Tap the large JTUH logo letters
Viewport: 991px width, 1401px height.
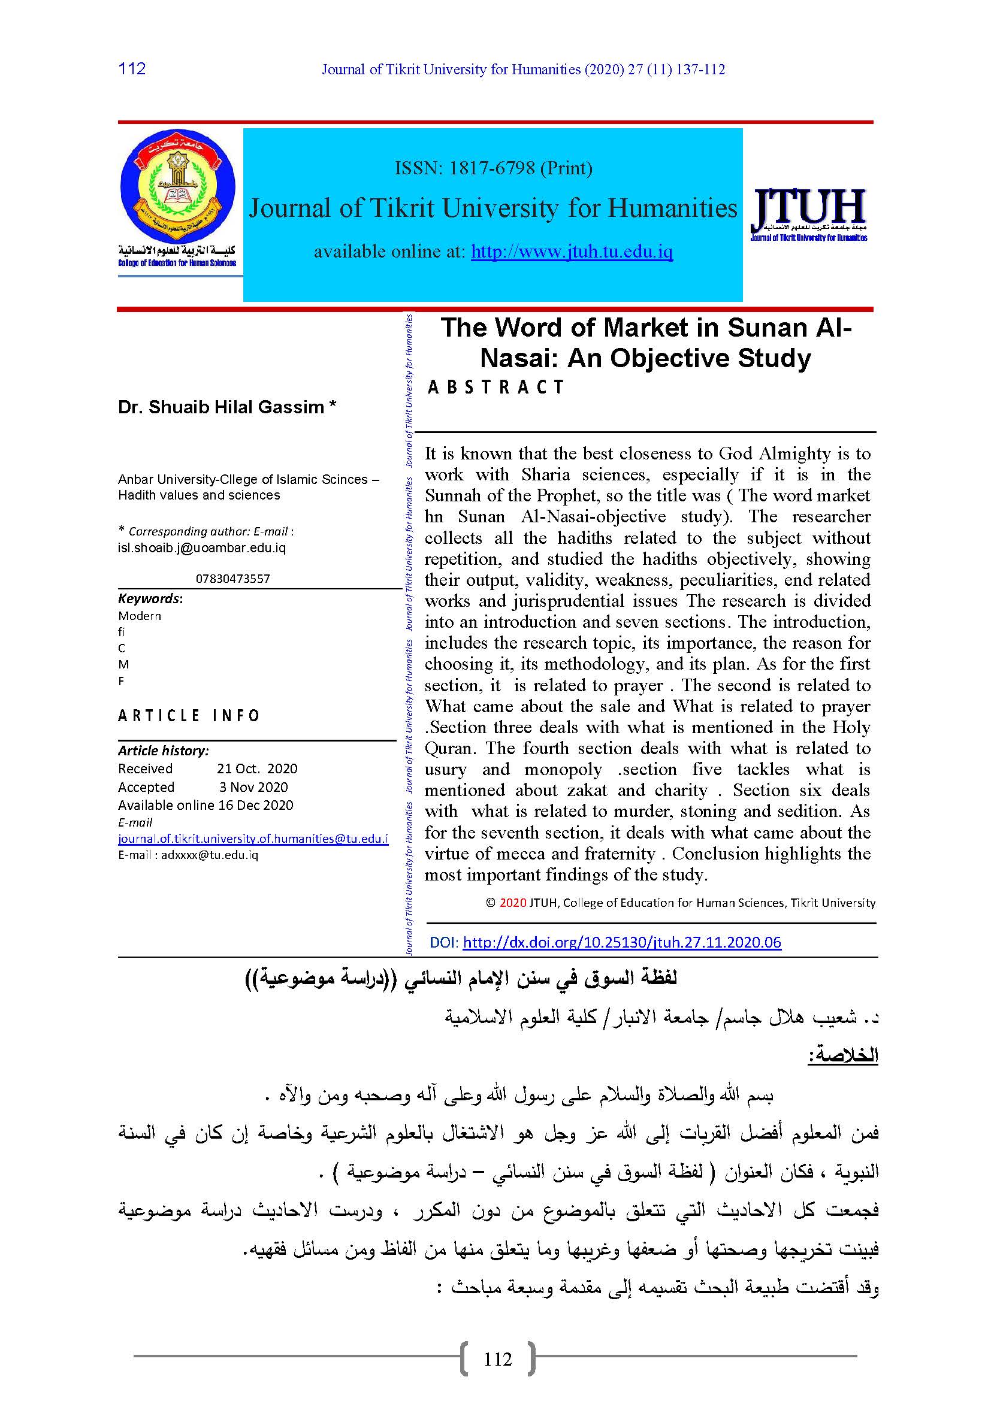pyautogui.click(x=808, y=207)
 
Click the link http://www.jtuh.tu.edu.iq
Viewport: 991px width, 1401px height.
pyautogui.click(x=572, y=252)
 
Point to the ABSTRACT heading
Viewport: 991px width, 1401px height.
pyautogui.click(x=496, y=387)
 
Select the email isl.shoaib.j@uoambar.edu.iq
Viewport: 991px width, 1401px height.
pyautogui.click(x=202, y=547)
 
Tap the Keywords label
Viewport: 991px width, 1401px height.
pyautogui.click(x=150, y=598)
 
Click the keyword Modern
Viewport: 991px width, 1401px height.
pyautogui.click(x=140, y=616)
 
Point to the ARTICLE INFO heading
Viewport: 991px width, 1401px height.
pyautogui.click(x=189, y=715)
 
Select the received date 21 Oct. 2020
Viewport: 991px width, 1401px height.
pyautogui.click(x=257, y=769)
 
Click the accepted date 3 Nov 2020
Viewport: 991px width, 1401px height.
pyautogui.click(x=253, y=787)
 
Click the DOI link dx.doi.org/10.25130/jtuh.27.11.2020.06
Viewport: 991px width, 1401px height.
pyautogui.click(x=622, y=942)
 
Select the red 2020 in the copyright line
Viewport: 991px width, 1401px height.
pyautogui.click(x=513, y=903)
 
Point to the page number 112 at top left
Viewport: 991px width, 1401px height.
pyautogui.click(x=132, y=68)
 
